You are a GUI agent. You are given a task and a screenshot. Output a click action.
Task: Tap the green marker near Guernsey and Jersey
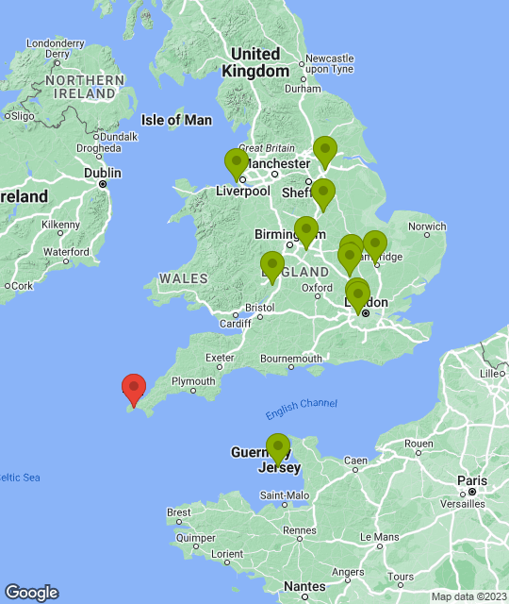tap(277, 448)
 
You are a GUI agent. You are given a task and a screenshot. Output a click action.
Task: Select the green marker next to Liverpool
tap(237, 164)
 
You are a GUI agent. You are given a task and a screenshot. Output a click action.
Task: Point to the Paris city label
tap(473, 480)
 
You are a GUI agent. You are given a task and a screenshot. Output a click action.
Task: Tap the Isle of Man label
tap(176, 120)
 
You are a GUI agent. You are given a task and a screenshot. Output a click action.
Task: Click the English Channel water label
tap(301, 404)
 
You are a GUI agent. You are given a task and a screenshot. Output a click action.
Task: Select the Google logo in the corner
tap(30, 592)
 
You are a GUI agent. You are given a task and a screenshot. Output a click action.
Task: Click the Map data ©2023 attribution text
tap(468, 596)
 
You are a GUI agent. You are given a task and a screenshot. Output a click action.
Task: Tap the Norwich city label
tap(427, 226)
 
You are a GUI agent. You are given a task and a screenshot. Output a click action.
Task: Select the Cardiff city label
tap(235, 324)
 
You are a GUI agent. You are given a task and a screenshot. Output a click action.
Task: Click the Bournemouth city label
tap(291, 359)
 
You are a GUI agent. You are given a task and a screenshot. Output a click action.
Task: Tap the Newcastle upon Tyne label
tap(329, 63)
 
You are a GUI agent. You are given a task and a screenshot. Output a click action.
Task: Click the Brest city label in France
tap(179, 512)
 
